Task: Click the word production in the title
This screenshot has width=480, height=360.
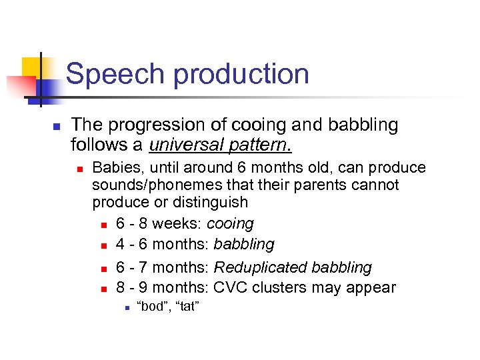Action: click(x=241, y=74)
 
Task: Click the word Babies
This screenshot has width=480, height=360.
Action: click(x=114, y=167)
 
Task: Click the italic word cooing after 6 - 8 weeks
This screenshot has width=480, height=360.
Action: click(x=230, y=223)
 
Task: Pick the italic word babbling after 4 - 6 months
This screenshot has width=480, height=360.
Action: click(x=244, y=245)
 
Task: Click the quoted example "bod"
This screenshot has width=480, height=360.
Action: click(x=151, y=307)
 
